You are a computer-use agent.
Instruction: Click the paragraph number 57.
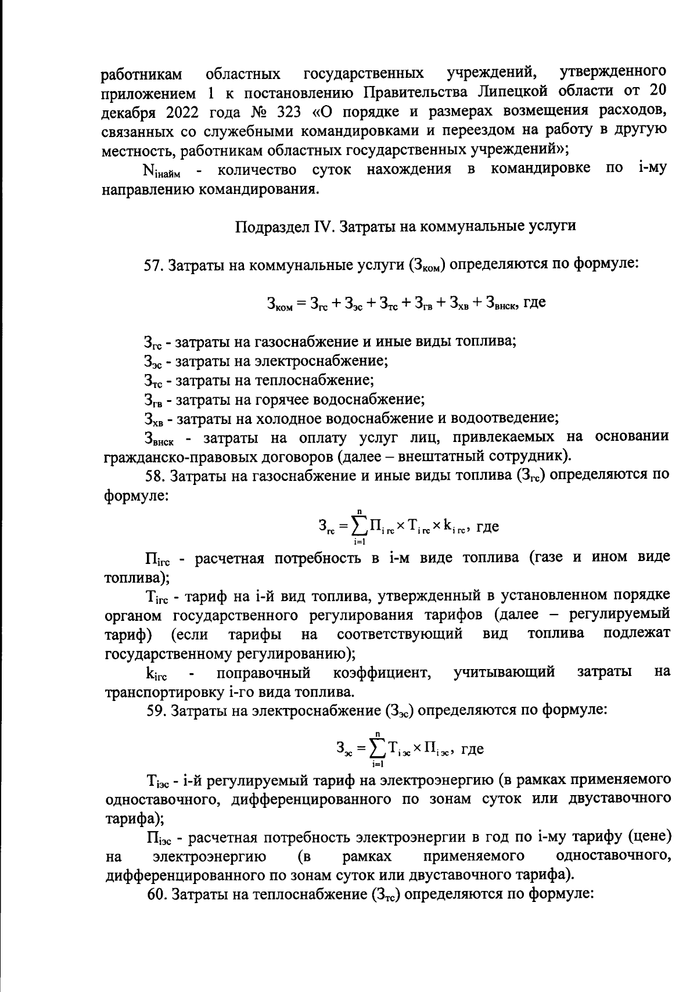(x=154, y=265)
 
